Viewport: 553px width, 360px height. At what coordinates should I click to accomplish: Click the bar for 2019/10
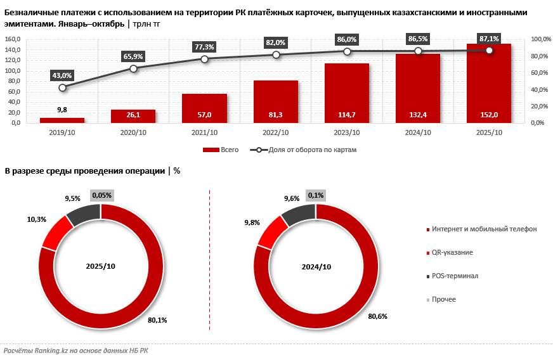click(x=62, y=120)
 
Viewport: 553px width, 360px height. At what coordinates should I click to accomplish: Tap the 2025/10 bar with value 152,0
click(x=488, y=83)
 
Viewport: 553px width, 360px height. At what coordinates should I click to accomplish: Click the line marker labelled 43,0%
click(x=62, y=87)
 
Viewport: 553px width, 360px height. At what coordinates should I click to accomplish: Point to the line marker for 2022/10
click(x=275, y=55)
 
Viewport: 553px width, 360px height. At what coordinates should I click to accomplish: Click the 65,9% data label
click(x=133, y=56)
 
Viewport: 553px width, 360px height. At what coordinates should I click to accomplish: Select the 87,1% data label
click(x=489, y=39)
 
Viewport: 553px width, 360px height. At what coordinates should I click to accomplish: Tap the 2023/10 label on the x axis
click(x=346, y=132)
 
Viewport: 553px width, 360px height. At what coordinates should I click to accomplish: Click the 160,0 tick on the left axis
click(x=13, y=39)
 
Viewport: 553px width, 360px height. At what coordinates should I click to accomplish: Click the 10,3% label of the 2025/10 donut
click(x=36, y=219)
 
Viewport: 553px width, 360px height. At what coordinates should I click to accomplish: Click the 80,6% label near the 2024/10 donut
click(x=377, y=316)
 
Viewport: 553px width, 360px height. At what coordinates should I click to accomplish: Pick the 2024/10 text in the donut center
click(x=316, y=266)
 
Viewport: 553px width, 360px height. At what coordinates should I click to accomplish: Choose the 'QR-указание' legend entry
click(x=452, y=252)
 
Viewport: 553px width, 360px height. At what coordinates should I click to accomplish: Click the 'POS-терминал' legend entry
click(x=455, y=276)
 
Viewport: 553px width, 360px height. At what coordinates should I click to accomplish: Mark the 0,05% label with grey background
click(x=101, y=196)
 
